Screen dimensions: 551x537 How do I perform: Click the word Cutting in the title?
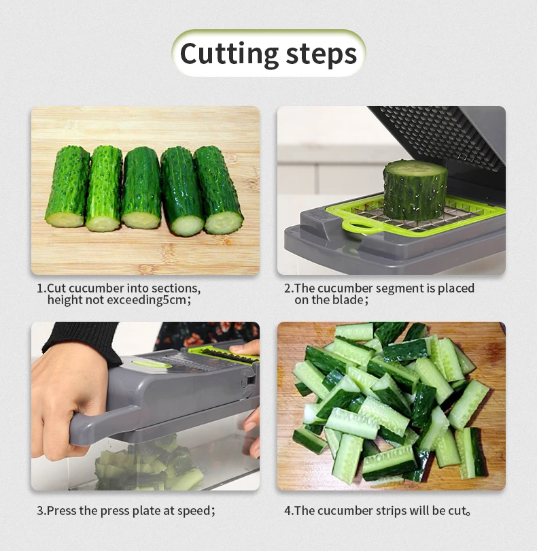pyautogui.click(x=229, y=54)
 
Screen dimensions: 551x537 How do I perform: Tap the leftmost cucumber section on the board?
pyautogui.click(x=67, y=186)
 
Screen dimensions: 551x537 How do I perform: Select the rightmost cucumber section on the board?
pyautogui.click(x=218, y=190)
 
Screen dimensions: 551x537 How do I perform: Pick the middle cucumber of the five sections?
pyautogui.click(x=141, y=188)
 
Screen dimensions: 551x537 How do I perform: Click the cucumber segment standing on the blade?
pyautogui.click(x=414, y=188)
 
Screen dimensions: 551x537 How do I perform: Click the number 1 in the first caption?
pyautogui.click(x=39, y=288)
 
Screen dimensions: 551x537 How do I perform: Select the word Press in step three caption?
pyautogui.click(x=62, y=510)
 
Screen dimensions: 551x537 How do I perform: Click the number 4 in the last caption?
pyautogui.click(x=287, y=510)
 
